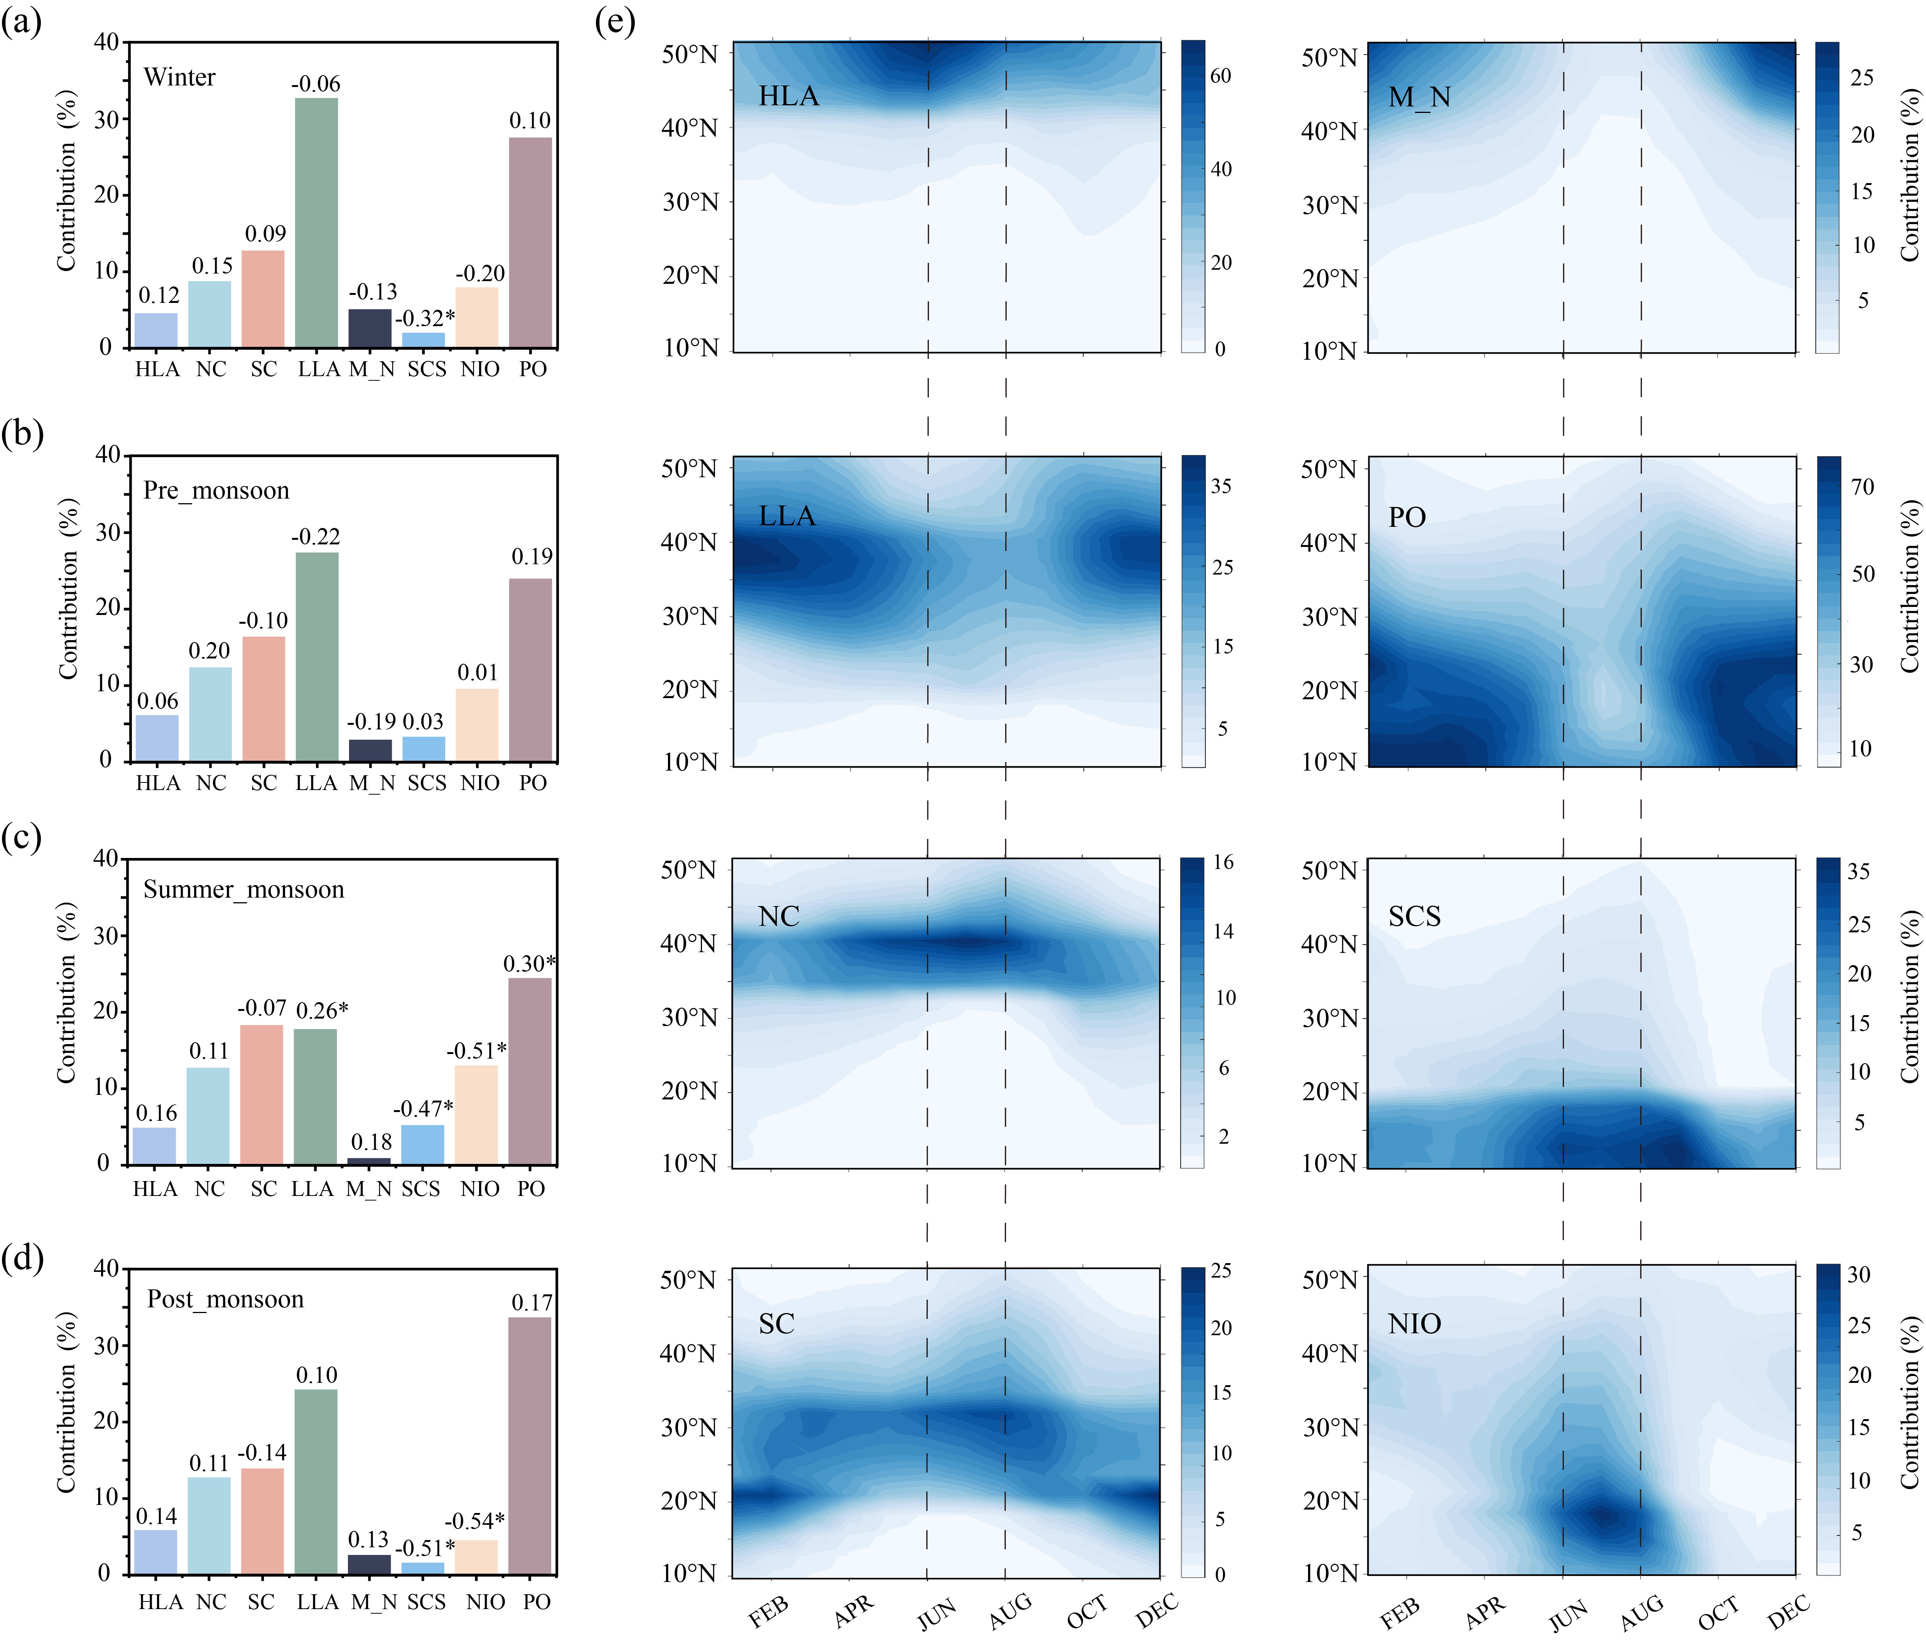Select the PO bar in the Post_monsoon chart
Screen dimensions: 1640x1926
click(530, 1446)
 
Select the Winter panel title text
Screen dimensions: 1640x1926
click(179, 77)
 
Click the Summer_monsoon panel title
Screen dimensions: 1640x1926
click(243, 890)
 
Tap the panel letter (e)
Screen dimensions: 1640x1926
click(615, 21)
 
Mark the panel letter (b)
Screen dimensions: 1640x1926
click(22, 433)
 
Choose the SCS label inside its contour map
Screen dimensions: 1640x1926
click(1414, 917)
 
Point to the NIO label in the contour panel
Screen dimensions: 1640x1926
click(1414, 1324)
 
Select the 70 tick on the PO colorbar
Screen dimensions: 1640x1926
click(1862, 487)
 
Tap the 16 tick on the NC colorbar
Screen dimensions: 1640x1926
click(1223, 863)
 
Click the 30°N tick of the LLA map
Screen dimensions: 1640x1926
click(690, 616)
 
